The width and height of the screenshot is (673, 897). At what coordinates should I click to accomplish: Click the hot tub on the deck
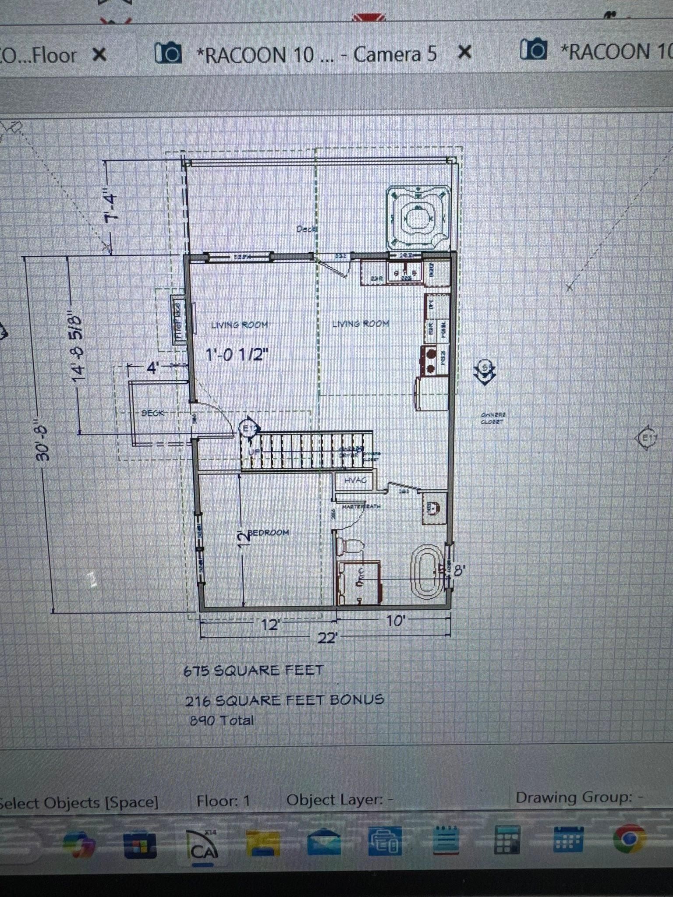pos(418,218)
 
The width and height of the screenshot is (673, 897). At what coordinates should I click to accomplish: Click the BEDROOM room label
pos(268,533)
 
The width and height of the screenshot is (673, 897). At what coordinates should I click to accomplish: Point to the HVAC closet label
pos(355,480)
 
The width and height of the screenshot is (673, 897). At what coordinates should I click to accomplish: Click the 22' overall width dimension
pos(327,638)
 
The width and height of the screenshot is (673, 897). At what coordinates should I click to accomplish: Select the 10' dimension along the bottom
pos(395,621)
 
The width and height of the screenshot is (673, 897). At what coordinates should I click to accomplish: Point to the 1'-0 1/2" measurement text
pos(237,354)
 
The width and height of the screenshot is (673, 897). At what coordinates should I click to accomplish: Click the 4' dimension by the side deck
pos(152,368)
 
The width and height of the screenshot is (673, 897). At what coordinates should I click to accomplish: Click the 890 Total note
pos(222,720)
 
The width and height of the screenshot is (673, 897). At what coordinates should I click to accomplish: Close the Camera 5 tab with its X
pos(464,53)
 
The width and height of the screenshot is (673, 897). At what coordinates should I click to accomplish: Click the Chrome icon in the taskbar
pos(629,838)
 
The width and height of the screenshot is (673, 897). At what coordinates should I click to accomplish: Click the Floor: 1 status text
pos(223,801)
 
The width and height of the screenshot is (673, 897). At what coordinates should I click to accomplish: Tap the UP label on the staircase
pos(251,452)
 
